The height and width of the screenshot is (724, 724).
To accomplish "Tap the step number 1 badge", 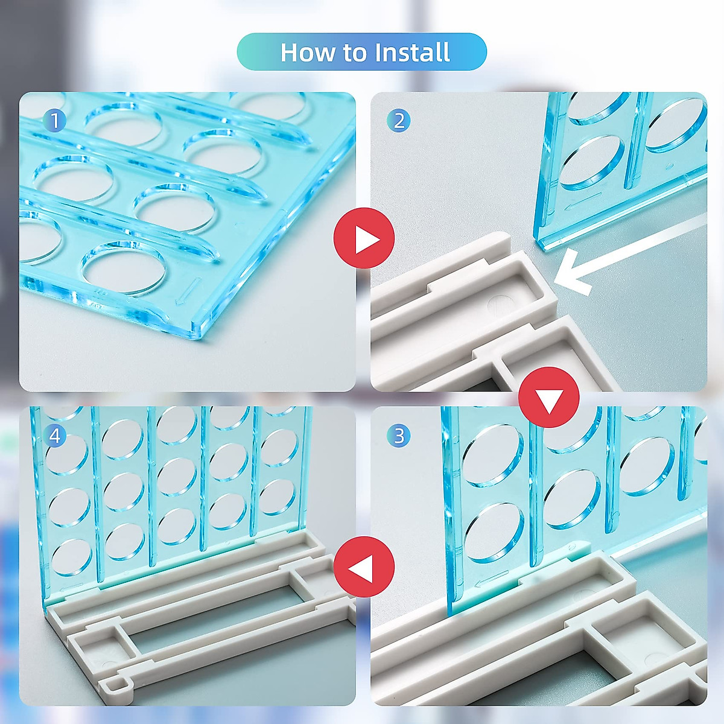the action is tap(54, 121).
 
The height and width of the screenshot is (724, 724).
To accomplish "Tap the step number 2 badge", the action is tap(399, 121).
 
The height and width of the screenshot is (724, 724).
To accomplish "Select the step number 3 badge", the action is tap(399, 436).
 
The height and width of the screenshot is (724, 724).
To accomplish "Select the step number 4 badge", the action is tap(54, 436).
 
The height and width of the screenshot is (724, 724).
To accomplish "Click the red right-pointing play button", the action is tap(364, 238).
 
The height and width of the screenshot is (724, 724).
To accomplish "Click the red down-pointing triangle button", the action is tap(549, 397).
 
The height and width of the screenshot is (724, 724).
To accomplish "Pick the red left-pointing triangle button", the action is tap(364, 567).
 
